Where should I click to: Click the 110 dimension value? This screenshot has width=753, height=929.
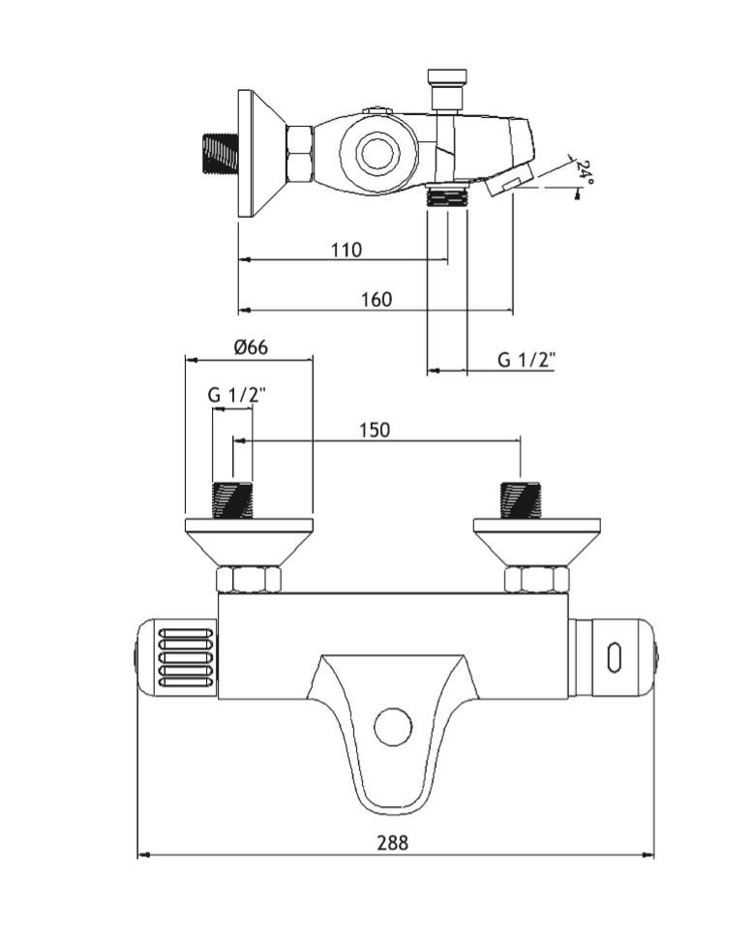346,250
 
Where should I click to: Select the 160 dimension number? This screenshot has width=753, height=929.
376,299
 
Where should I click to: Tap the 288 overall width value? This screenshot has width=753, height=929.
393,842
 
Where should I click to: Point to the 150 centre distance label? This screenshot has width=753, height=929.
375,430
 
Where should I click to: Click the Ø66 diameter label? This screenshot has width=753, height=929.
251,346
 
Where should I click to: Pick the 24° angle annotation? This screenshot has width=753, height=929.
585,171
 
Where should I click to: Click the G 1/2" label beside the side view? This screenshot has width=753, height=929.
527,359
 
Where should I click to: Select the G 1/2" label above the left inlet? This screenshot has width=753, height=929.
237,394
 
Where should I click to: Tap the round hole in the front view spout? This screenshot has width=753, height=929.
393,727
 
